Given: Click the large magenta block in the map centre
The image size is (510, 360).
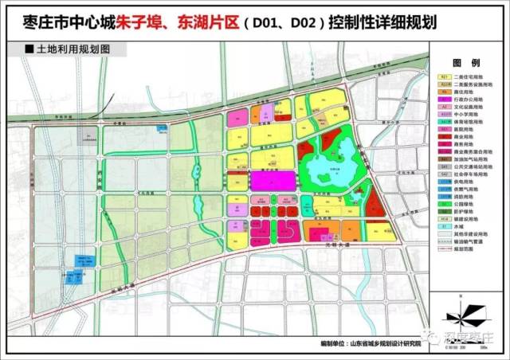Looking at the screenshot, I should click(271, 179).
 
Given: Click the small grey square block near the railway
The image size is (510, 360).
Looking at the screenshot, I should click(85, 135).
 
